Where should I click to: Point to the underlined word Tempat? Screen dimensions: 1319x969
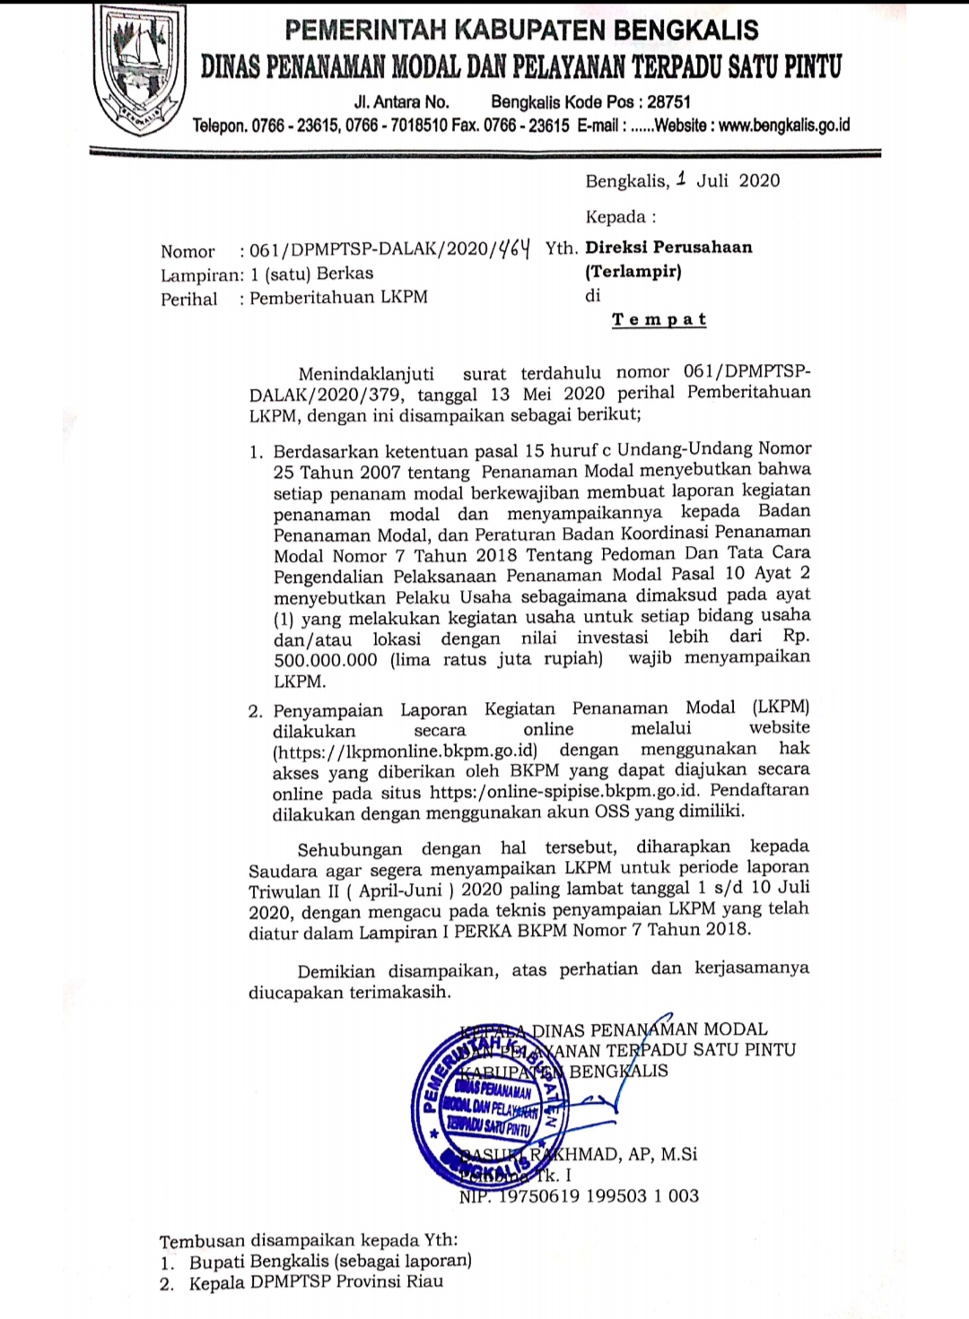(x=659, y=320)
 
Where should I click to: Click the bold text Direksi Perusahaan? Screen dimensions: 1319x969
(x=668, y=247)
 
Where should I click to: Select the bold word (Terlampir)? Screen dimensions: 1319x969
(x=633, y=271)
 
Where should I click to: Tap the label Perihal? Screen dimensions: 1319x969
(x=188, y=299)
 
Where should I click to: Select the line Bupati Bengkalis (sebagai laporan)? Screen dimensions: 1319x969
(x=330, y=1262)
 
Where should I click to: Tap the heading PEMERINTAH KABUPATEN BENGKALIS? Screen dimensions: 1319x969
(x=521, y=30)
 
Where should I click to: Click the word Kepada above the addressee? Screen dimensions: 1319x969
(x=615, y=217)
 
